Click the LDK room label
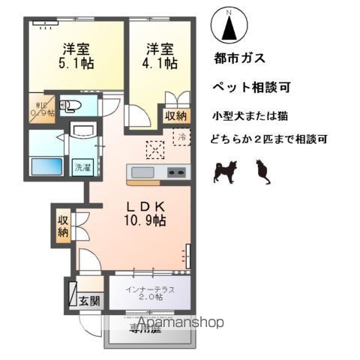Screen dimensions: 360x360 click(145, 205)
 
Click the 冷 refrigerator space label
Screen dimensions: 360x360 click(181, 137)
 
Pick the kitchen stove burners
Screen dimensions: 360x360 click(178, 174)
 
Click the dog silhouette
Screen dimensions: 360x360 click(225, 172)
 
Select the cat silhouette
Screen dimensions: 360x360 click(262, 173)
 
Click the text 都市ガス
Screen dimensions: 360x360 click(239, 58)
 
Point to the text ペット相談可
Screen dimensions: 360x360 click(253, 87)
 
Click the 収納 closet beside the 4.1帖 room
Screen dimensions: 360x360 click(175, 115)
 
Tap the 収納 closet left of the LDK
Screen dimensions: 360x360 click(63, 224)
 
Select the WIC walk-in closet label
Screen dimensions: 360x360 click(40, 109)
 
